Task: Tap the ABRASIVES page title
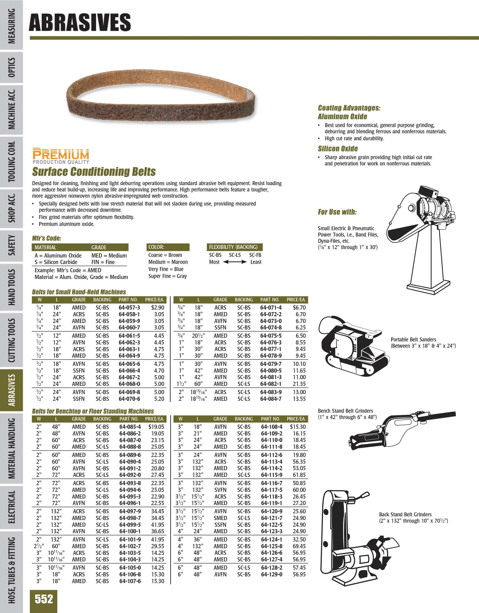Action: (80, 23)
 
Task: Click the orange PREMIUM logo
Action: (61, 154)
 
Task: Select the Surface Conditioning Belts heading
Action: (94, 171)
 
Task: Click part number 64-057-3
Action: (129, 307)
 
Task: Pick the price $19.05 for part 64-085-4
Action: (156, 427)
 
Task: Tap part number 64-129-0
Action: (272, 574)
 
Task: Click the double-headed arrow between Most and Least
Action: (234, 262)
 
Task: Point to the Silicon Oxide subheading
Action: (338, 148)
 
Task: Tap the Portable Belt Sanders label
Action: (413, 339)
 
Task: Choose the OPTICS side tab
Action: (11, 67)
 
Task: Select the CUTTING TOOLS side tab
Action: (11, 340)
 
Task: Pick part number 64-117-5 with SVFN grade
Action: (272, 490)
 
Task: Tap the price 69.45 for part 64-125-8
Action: (299, 546)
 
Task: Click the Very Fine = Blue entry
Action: (166, 269)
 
